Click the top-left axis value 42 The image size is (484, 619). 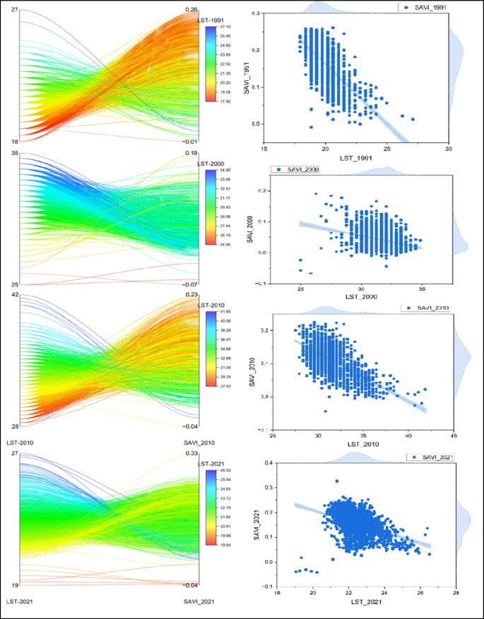(15, 294)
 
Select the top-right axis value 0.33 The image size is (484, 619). (190, 453)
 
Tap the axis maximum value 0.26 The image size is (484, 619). (190, 10)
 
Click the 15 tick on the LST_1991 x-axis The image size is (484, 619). (264, 150)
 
